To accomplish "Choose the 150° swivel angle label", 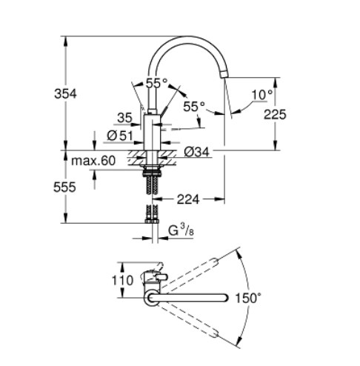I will point(248,298).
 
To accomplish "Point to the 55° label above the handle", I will point(156,84).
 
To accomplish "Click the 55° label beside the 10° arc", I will point(193,107).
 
